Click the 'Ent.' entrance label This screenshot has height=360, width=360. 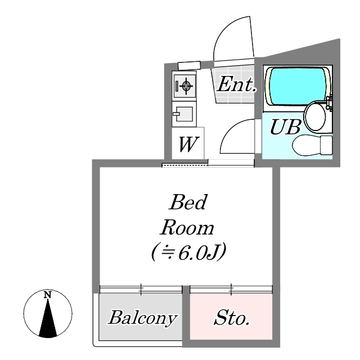[x=236, y=84]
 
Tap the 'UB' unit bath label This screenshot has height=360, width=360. [x=285, y=127]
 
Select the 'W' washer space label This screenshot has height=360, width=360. [x=187, y=144]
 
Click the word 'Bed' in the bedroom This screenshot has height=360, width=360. [x=188, y=202]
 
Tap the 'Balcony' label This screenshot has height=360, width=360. [x=142, y=318]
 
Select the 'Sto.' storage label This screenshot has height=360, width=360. [x=231, y=318]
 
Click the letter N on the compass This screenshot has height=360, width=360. [x=47, y=295]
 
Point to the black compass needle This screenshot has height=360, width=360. [x=48, y=318]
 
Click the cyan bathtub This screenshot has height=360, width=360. [x=298, y=86]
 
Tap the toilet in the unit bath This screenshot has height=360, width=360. [x=312, y=145]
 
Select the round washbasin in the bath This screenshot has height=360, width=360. [x=315, y=116]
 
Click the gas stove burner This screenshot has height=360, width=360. [x=186, y=85]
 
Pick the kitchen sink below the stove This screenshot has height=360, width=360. [x=184, y=114]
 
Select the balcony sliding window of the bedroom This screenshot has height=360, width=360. [x=141, y=289]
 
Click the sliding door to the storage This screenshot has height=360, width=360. [x=231, y=289]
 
